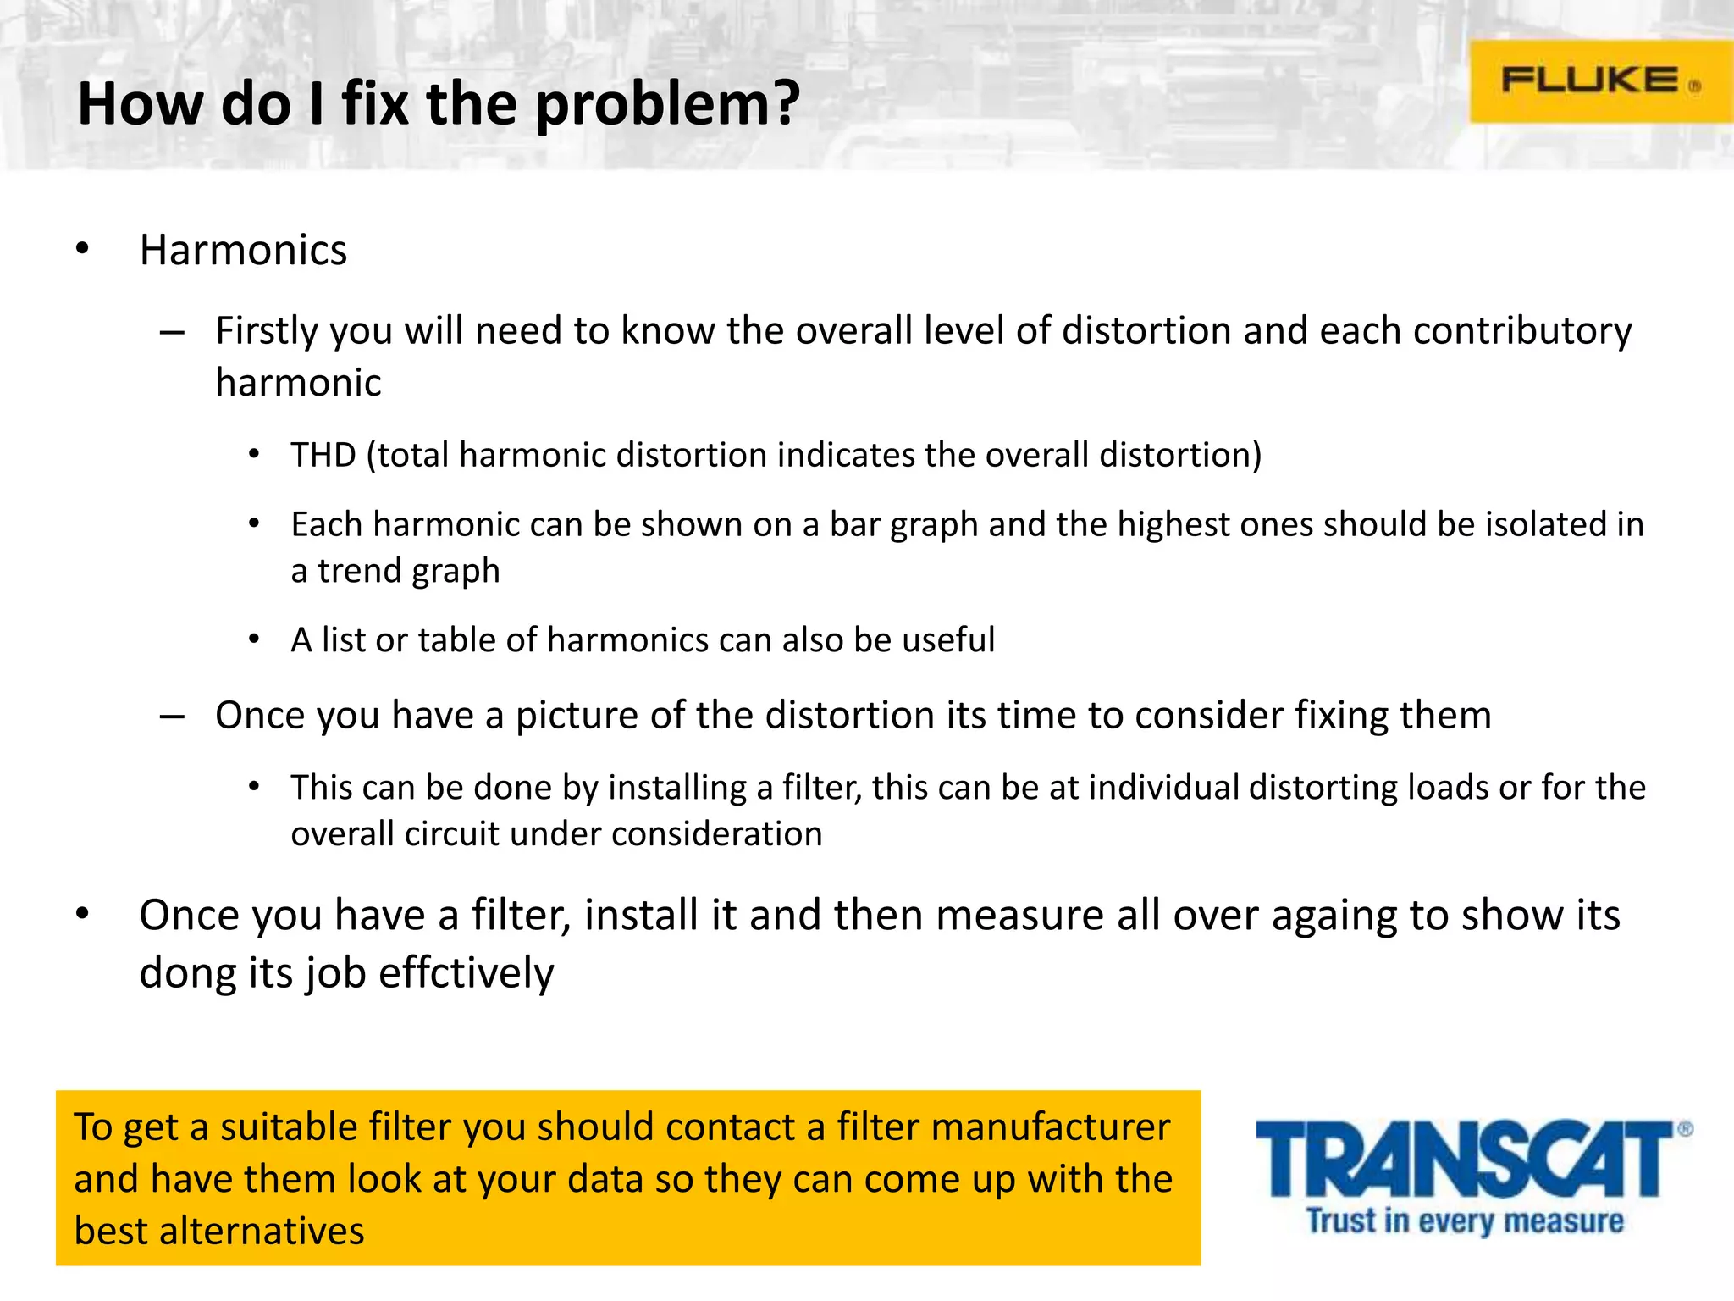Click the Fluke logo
pyautogui.click(x=1599, y=81)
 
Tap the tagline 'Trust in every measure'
pyautogui.click(x=1465, y=1221)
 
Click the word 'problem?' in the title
pyautogui.click(x=668, y=104)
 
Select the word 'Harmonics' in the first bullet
pyautogui.click(x=243, y=250)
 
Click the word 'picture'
pyautogui.click(x=577, y=717)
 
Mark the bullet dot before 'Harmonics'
pyautogui.click(x=82, y=249)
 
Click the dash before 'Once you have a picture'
pyautogui.click(x=172, y=717)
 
